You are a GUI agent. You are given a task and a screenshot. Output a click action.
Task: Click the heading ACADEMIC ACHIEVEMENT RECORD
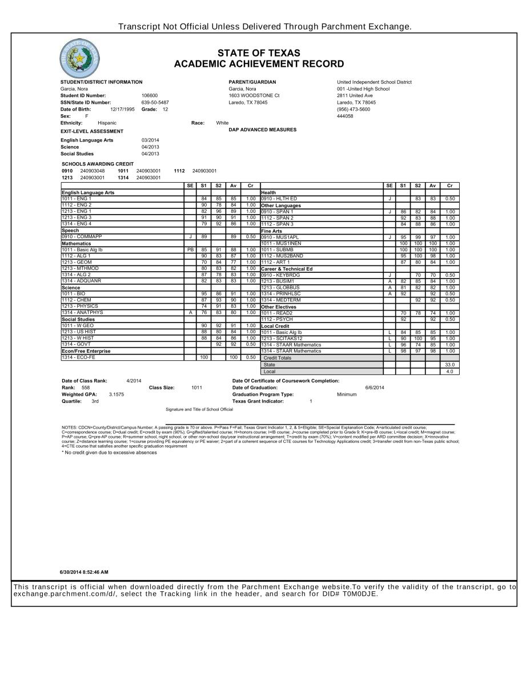click(x=259, y=64)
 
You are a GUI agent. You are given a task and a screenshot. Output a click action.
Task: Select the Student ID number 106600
click(x=150, y=96)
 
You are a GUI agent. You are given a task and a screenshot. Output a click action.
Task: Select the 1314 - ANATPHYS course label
click(x=82, y=312)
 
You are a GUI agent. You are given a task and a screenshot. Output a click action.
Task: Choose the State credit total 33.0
click(x=449, y=364)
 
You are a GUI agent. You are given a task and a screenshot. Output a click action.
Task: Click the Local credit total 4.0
click(x=449, y=371)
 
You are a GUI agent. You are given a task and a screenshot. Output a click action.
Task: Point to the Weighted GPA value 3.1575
click(x=116, y=394)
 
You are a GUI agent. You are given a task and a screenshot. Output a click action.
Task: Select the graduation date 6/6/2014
click(x=375, y=388)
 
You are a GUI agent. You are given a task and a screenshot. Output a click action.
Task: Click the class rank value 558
click(x=86, y=388)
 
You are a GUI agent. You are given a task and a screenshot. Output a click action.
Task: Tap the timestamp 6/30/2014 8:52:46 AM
click(x=84, y=572)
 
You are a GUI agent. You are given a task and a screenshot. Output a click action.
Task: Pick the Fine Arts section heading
click(x=271, y=231)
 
